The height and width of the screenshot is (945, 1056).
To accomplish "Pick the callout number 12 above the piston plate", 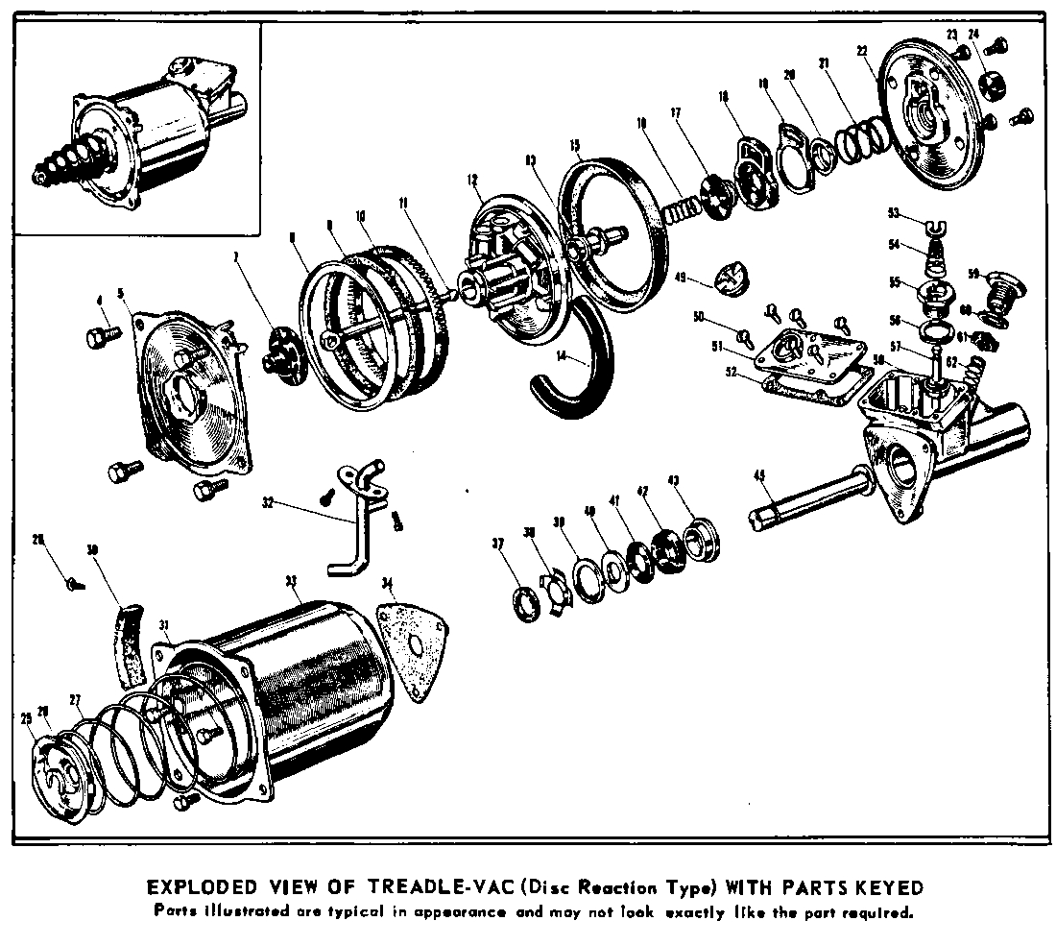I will pyautogui.click(x=472, y=180).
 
